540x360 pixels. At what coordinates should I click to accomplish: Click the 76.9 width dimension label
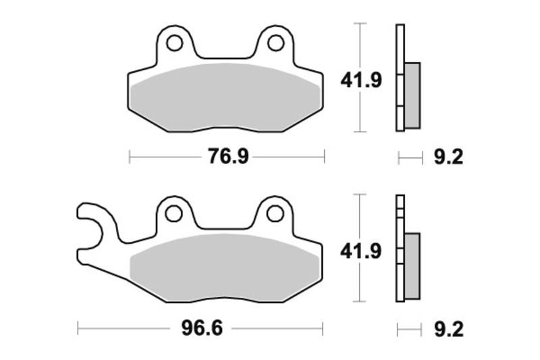[228, 157]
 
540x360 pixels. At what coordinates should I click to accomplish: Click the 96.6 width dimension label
[201, 329]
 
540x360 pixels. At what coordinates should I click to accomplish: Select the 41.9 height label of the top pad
[360, 80]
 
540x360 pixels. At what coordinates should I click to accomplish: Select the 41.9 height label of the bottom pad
[360, 252]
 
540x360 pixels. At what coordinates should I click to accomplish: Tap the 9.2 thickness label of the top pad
[448, 157]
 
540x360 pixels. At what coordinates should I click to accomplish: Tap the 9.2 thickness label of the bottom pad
[448, 330]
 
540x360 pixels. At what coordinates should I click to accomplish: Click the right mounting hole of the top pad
[275, 43]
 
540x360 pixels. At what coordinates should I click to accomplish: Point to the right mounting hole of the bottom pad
[275, 214]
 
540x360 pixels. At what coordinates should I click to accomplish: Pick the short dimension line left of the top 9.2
[409, 158]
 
